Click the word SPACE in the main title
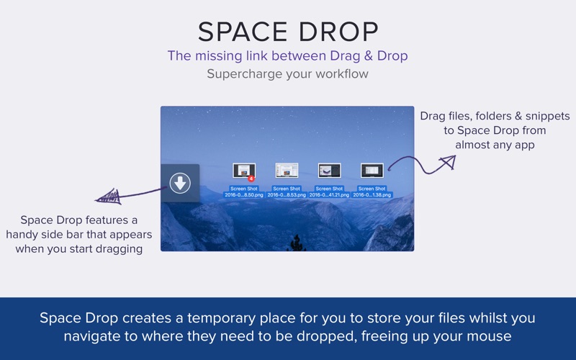pos(240,32)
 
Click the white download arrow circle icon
pos(180,183)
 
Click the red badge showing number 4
pos(251,178)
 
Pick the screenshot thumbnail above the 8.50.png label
pos(243,171)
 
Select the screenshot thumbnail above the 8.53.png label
pos(287,171)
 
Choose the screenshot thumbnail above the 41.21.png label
pos(329,171)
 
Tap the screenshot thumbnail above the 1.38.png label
pos(372,171)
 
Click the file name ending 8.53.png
pos(287,194)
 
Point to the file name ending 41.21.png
pos(329,194)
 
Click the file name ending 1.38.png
pos(372,194)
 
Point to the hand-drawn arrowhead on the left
pos(106,197)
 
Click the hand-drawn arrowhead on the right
pos(446,162)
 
